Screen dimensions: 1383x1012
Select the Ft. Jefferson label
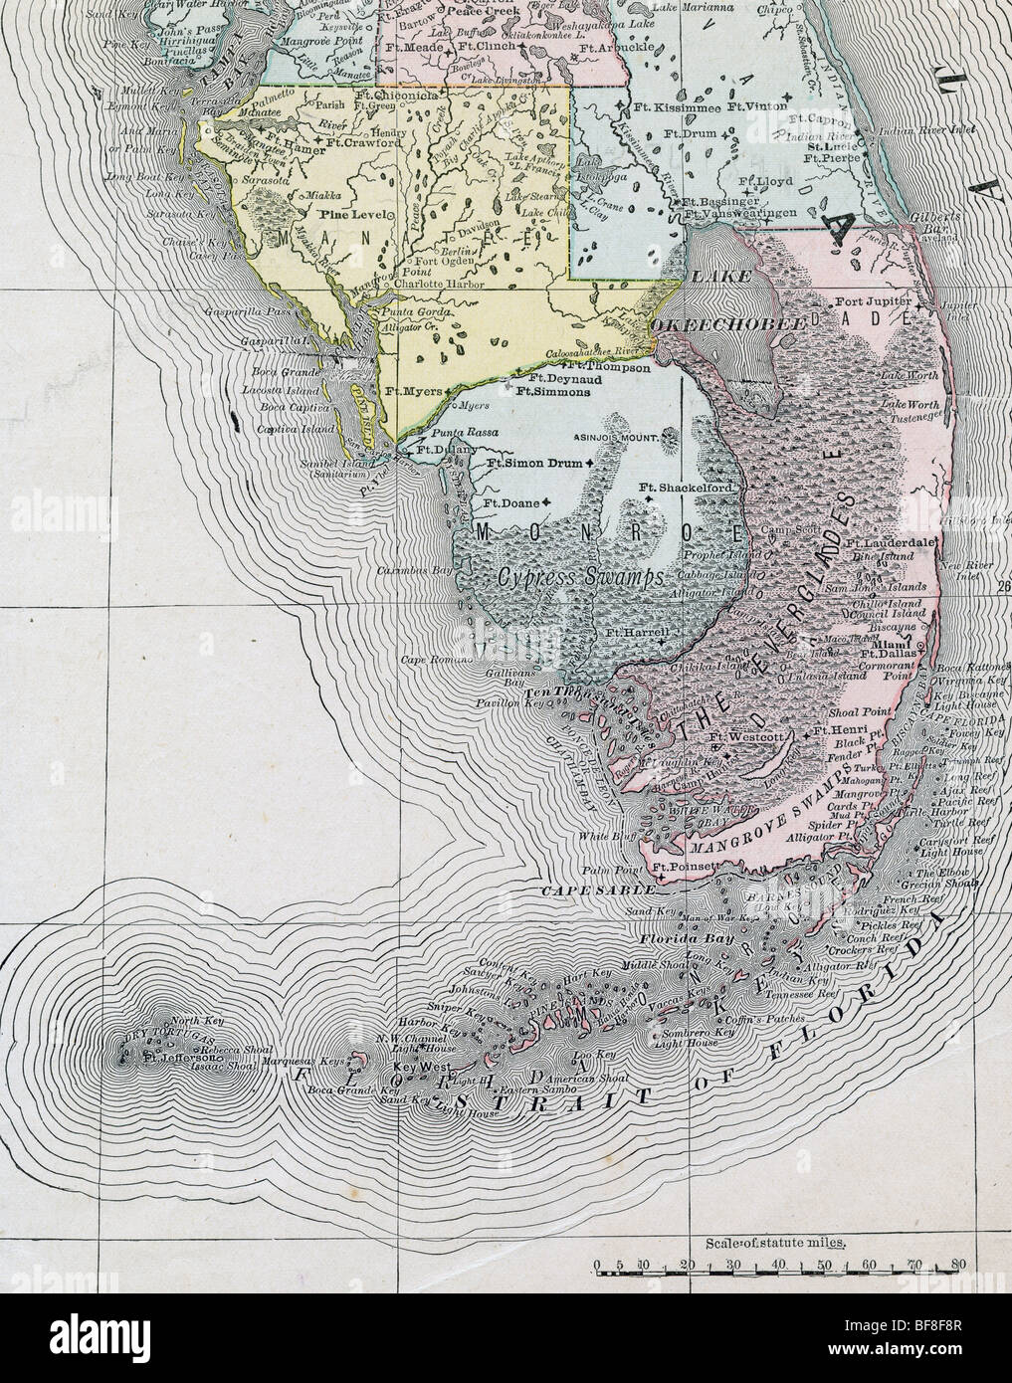click(x=177, y=1058)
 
